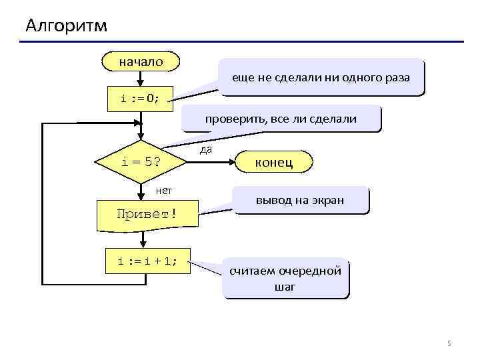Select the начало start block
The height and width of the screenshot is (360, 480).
click(141, 62)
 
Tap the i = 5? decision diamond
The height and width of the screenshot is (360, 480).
click(141, 162)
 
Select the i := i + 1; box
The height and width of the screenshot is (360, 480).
click(147, 261)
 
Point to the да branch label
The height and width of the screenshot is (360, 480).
click(206, 150)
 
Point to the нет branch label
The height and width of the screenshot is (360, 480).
click(163, 191)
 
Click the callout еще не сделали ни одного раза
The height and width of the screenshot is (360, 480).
click(321, 77)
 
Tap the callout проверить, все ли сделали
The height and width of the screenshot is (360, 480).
click(281, 119)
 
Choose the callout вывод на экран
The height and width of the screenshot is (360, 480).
click(301, 200)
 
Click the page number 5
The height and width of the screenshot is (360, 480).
click(449, 343)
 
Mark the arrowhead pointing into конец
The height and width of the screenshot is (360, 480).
click(233, 162)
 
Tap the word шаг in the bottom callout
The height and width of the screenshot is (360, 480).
click(285, 287)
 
